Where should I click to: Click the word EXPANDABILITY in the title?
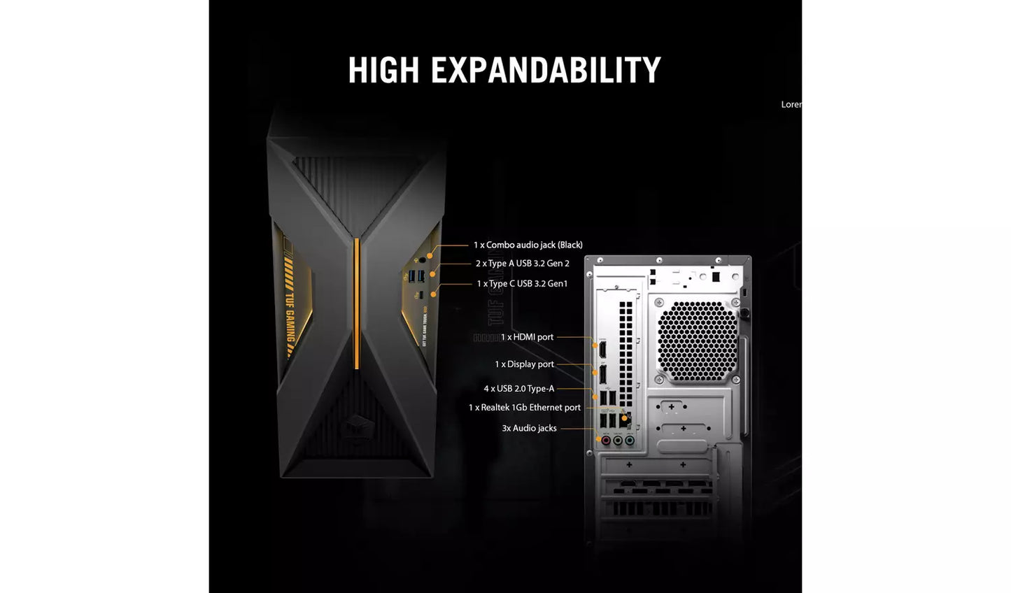pyautogui.click(x=546, y=70)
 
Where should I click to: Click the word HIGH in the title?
pyautogui.click(x=383, y=70)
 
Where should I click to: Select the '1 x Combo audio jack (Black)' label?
pyautogui.click(x=528, y=245)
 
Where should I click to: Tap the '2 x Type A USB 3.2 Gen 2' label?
pyautogui.click(x=523, y=264)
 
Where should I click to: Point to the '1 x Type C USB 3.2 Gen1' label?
pyautogui.click(x=522, y=283)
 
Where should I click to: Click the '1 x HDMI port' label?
pyautogui.click(x=527, y=337)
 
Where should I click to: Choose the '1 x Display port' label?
pyautogui.click(x=524, y=364)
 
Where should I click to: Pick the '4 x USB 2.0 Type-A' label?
pyautogui.click(x=518, y=389)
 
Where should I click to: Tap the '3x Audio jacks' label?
pyautogui.click(x=529, y=428)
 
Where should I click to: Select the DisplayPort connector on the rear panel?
pyautogui.click(x=602, y=374)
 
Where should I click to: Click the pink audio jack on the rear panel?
pyautogui.click(x=606, y=441)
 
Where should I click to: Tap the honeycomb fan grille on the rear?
pyautogui.click(x=698, y=341)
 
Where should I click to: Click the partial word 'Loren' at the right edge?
pyautogui.click(x=791, y=104)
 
